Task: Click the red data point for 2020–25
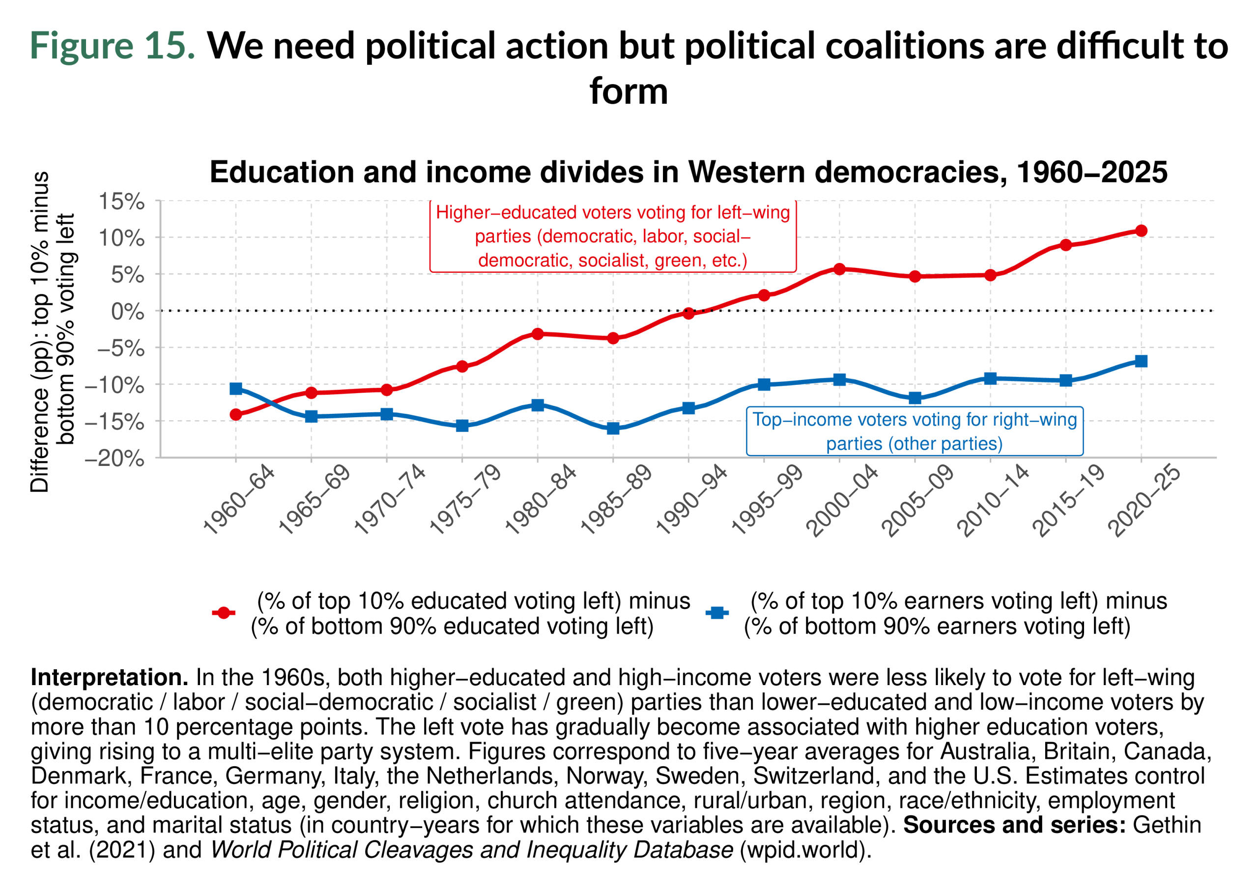click(x=1141, y=230)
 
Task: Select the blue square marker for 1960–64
click(x=236, y=389)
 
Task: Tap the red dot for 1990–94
click(x=688, y=314)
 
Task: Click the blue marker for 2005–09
click(x=915, y=398)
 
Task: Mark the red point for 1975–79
click(x=462, y=366)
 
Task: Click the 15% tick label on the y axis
click(x=121, y=202)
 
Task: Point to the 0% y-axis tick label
click(x=128, y=312)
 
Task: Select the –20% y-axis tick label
click(x=114, y=458)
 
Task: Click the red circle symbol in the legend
click(x=223, y=612)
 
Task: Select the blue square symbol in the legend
click(x=717, y=612)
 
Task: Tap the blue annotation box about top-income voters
click(x=915, y=431)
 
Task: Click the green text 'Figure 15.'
click(x=113, y=45)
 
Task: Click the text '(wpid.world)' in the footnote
click(x=805, y=850)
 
